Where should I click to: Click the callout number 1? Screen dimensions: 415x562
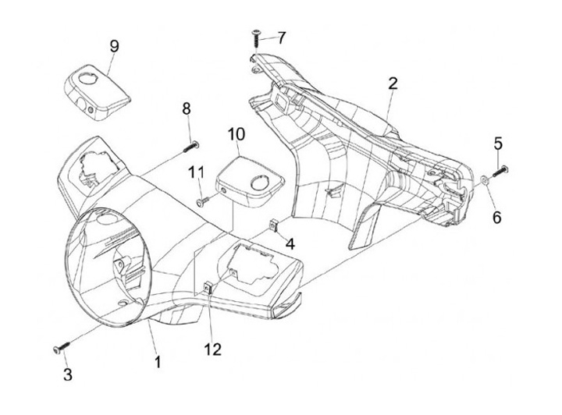[158, 361]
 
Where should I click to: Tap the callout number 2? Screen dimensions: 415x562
[393, 83]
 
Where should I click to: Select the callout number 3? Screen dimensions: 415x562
[68, 374]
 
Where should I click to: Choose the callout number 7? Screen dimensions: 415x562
[282, 37]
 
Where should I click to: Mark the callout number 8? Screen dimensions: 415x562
[187, 108]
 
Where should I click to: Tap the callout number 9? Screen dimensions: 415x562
[114, 46]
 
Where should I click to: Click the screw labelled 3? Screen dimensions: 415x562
[59, 348]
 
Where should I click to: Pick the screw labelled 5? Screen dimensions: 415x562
[500, 169]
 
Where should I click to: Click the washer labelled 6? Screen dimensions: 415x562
[485, 179]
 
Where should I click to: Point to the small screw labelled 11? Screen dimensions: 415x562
[205, 200]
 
